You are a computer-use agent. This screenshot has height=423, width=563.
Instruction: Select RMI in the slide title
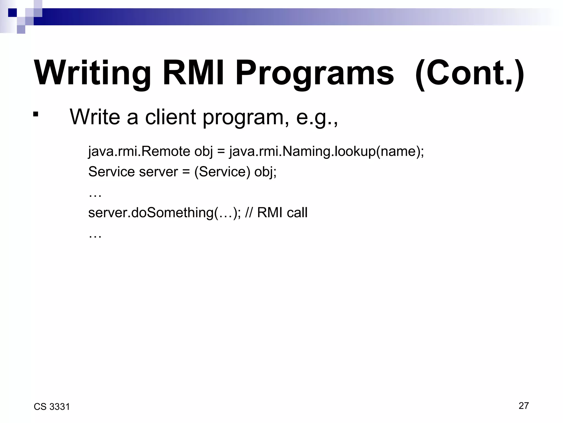(193, 73)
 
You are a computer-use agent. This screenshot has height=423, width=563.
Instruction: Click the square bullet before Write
(35, 114)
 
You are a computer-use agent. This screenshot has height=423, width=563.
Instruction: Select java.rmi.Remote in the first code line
(139, 151)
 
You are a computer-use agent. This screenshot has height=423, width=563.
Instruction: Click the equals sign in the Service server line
(186, 172)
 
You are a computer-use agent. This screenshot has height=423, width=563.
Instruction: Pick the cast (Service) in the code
(222, 172)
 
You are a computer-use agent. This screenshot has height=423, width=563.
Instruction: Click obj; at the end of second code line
(265, 172)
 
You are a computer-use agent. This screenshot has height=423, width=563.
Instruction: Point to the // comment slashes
(249, 213)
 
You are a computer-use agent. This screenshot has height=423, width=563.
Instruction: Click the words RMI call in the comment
(282, 213)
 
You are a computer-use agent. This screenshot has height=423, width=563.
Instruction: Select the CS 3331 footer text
(52, 407)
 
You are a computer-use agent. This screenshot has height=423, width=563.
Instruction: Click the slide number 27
(523, 406)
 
